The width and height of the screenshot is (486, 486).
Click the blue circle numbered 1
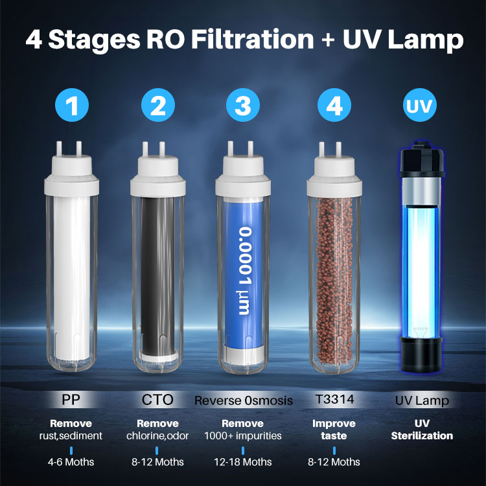pos(72,105)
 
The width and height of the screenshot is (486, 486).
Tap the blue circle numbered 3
pos(243,105)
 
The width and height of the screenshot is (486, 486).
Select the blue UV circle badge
pos(420,105)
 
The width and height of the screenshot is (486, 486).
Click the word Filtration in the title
pos(253,40)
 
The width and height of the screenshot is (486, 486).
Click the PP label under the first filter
pos(71,400)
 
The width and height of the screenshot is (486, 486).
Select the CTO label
pos(157,400)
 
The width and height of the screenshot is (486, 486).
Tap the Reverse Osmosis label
pos(243,400)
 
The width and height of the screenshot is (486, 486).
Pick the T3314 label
pos(334,399)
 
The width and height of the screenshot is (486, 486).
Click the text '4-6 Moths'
pos(71,462)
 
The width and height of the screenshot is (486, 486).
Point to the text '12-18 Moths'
pos(243,462)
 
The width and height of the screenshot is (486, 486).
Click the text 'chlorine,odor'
pos(157,436)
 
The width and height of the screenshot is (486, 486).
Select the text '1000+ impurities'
pos(243,436)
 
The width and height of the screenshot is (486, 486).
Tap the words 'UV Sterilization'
pos(422,430)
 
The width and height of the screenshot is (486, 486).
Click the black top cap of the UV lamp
pos(422,159)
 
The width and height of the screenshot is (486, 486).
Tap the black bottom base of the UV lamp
pos(421,355)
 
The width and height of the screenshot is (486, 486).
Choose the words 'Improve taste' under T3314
pos(334,430)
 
